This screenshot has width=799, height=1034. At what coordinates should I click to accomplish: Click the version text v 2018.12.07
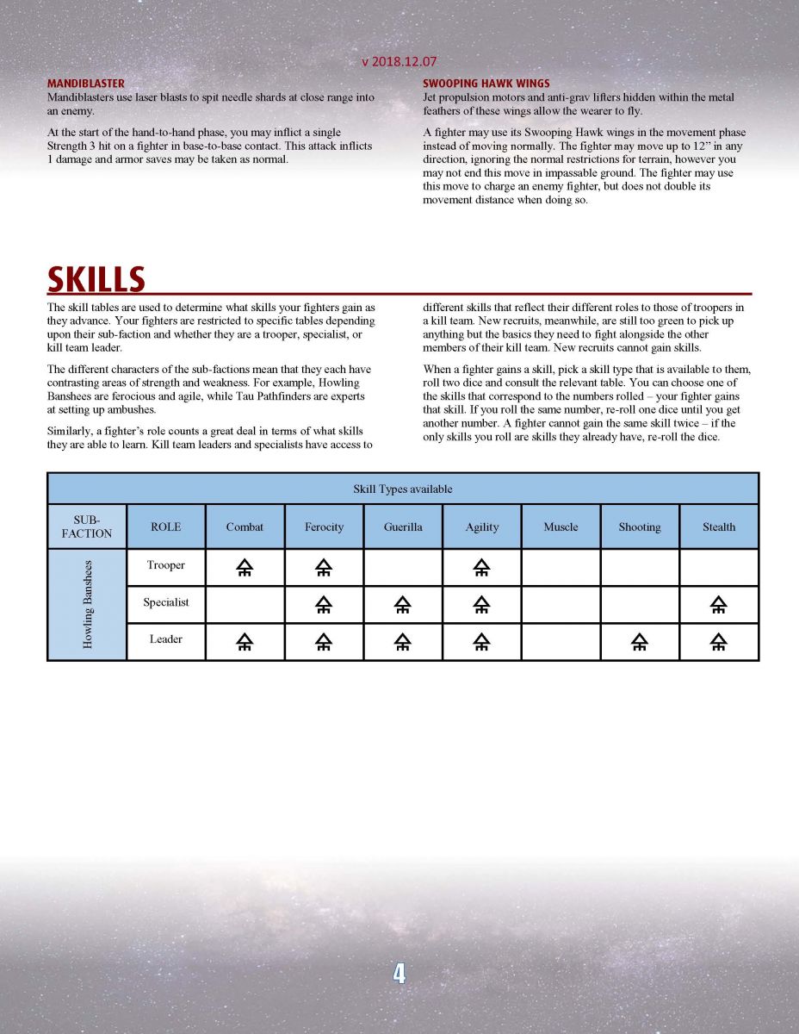coord(399,62)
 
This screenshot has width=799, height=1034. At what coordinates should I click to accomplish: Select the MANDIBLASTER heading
coord(85,84)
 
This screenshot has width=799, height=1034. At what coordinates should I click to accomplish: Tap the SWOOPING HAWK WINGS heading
coord(486,84)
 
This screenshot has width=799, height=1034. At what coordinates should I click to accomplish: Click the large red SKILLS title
coord(96,279)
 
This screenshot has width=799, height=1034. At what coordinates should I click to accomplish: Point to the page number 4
coord(399,974)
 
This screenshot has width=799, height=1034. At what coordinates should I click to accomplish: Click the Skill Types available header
coord(402,489)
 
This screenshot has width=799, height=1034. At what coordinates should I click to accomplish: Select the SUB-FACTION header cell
coord(87,526)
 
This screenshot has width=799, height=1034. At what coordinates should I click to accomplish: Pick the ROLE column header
coord(165,526)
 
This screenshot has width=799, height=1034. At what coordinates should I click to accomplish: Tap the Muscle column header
coord(561,526)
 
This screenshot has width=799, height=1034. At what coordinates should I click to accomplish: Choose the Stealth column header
coord(718,526)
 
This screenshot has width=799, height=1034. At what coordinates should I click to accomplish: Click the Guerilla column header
coord(403,526)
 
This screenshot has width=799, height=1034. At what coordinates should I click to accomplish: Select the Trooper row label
coord(165,566)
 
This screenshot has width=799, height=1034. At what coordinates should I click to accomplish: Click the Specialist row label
coord(165,603)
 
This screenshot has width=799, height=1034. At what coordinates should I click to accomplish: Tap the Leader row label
coord(165,640)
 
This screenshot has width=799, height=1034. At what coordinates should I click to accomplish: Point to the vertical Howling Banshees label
coord(87,604)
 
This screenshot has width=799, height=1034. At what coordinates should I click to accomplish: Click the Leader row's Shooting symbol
coord(639,641)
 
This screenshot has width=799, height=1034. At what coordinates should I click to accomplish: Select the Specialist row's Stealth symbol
coord(718,604)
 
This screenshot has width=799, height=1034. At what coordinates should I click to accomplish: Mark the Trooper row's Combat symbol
coord(245,567)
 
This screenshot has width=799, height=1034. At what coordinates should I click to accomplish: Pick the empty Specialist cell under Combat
coord(245,604)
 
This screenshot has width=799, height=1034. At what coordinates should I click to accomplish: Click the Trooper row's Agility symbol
coord(482,567)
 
